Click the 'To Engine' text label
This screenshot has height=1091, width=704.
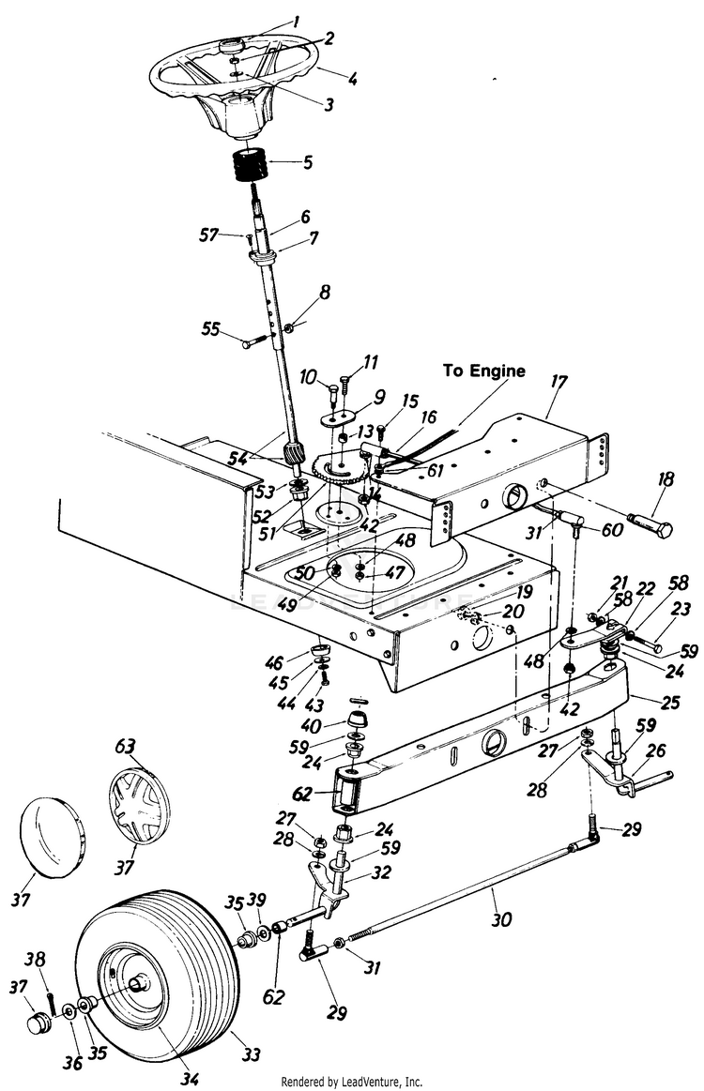point(484,371)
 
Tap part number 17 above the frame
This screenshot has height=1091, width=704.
point(558,383)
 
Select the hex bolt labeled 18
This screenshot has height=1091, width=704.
point(650,524)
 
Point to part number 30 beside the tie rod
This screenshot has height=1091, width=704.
point(500,919)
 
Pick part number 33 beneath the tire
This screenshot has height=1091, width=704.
point(250,1054)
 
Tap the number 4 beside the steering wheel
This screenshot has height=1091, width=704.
point(353,80)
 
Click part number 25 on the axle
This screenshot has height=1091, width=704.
point(669,702)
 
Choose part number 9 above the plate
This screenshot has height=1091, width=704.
point(379,397)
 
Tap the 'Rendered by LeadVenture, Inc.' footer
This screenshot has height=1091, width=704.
point(352,1082)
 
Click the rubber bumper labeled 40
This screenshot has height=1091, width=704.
point(358,718)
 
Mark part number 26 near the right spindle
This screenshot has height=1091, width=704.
point(656,750)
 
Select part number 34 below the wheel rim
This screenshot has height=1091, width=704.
point(189,1079)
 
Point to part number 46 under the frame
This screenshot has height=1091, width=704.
point(274,661)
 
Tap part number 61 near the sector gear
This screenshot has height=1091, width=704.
point(436,472)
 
